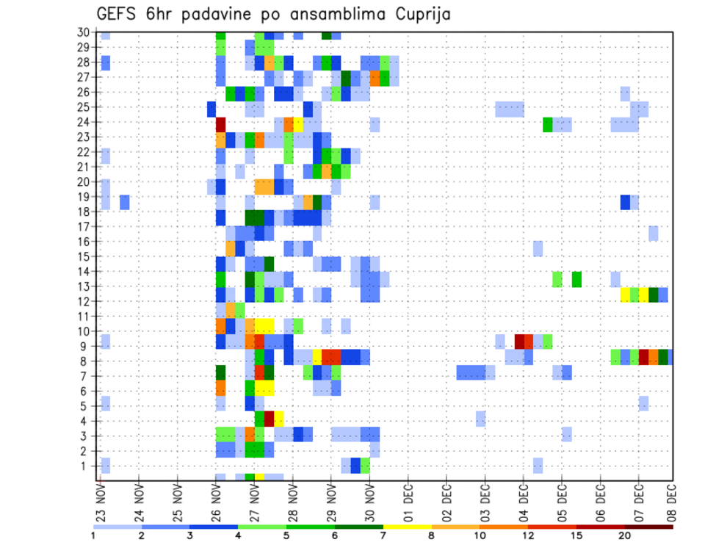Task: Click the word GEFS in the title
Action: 115,14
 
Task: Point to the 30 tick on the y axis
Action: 83,32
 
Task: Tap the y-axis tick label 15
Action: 83,256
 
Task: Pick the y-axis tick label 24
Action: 83,122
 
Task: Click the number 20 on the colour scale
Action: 625,535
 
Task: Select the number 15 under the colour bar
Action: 576,535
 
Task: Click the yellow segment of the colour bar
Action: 407,526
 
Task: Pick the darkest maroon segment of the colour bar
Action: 649,526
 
